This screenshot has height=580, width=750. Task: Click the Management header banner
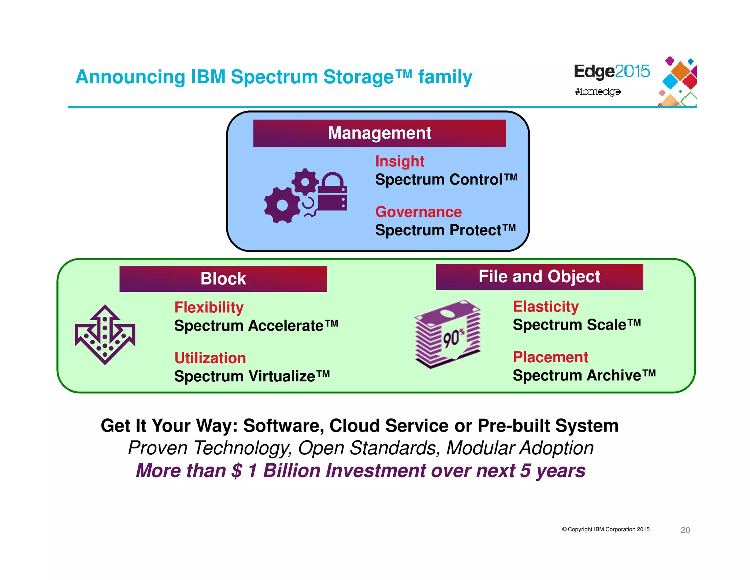(379, 133)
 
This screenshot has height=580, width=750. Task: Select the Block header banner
(223, 279)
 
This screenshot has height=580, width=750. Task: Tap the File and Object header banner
(539, 276)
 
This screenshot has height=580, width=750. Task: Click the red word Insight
(400, 161)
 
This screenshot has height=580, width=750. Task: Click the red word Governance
(418, 212)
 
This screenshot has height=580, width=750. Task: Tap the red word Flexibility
(209, 307)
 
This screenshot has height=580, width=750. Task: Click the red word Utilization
(210, 358)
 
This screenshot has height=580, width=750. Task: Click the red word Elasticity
(546, 306)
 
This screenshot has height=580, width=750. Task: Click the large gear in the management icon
(282, 205)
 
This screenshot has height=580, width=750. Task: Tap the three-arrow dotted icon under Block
(105, 334)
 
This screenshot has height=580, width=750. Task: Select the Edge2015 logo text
(611, 71)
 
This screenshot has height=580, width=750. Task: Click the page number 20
(685, 530)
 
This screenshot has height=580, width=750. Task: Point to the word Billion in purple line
(292, 471)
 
